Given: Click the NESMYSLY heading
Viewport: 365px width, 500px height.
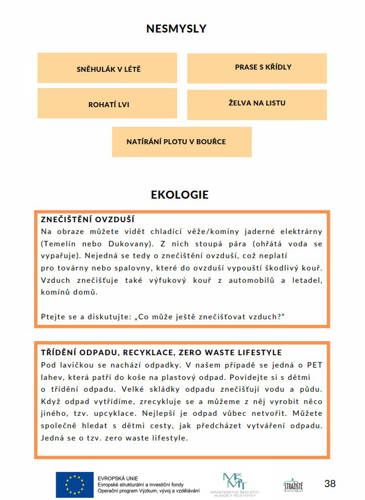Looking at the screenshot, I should pyautogui.click(x=176, y=28).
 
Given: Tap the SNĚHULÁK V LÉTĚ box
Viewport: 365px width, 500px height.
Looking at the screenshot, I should pyautogui.click(x=107, y=68).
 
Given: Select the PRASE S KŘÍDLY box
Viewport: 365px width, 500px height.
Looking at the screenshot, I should pyautogui.click(x=257, y=67).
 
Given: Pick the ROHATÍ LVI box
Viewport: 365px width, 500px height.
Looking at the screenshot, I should pyautogui.click(x=107, y=104).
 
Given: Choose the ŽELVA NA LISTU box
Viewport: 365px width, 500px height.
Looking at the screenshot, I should pyautogui.click(x=257, y=104).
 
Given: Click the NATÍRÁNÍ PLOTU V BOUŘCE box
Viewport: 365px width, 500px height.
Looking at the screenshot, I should pyautogui.click(x=182, y=141).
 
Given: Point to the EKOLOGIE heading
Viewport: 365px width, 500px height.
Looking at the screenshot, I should pyautogui.click(x=179, y=195).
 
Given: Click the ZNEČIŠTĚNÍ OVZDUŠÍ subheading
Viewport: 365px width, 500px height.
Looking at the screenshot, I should pyautogui.click(x=88, y=219).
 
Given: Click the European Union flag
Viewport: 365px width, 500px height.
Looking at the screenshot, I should pyautogui.click(x=73, y=484).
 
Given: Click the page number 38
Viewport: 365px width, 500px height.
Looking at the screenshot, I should pyautogui.click(x=330, y=483).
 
